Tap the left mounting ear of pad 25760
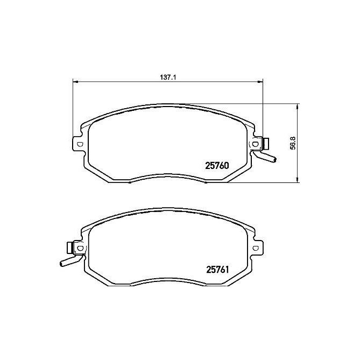point(79,144)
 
